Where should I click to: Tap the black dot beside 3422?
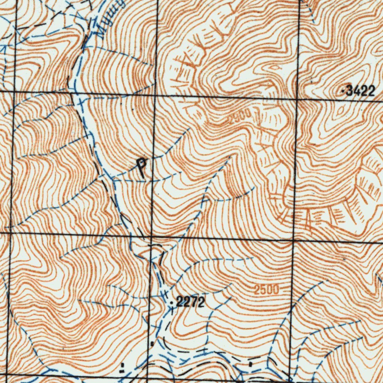[343, 91]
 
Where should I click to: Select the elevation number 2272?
[190, 302]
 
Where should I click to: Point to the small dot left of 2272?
[172, 302]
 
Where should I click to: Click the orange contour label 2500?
[266, 289]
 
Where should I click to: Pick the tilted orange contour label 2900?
[239, 119]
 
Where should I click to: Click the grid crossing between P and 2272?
[150, 237]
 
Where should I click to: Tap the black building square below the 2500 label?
[250, 363]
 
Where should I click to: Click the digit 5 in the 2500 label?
[261, 289]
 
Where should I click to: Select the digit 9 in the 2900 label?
[235, 117]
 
